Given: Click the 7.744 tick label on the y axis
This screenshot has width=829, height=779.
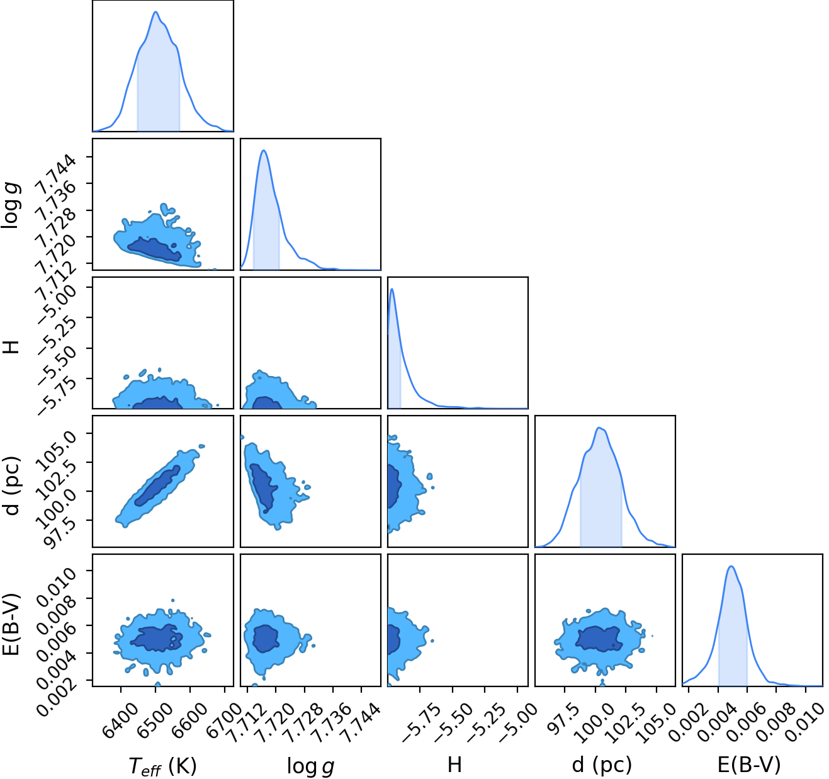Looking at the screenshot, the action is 57,174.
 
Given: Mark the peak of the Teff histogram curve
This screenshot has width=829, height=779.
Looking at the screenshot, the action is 155,11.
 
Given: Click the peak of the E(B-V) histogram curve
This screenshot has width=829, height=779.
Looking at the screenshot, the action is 731,566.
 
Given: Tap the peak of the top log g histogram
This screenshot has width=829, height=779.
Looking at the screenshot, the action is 263,150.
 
